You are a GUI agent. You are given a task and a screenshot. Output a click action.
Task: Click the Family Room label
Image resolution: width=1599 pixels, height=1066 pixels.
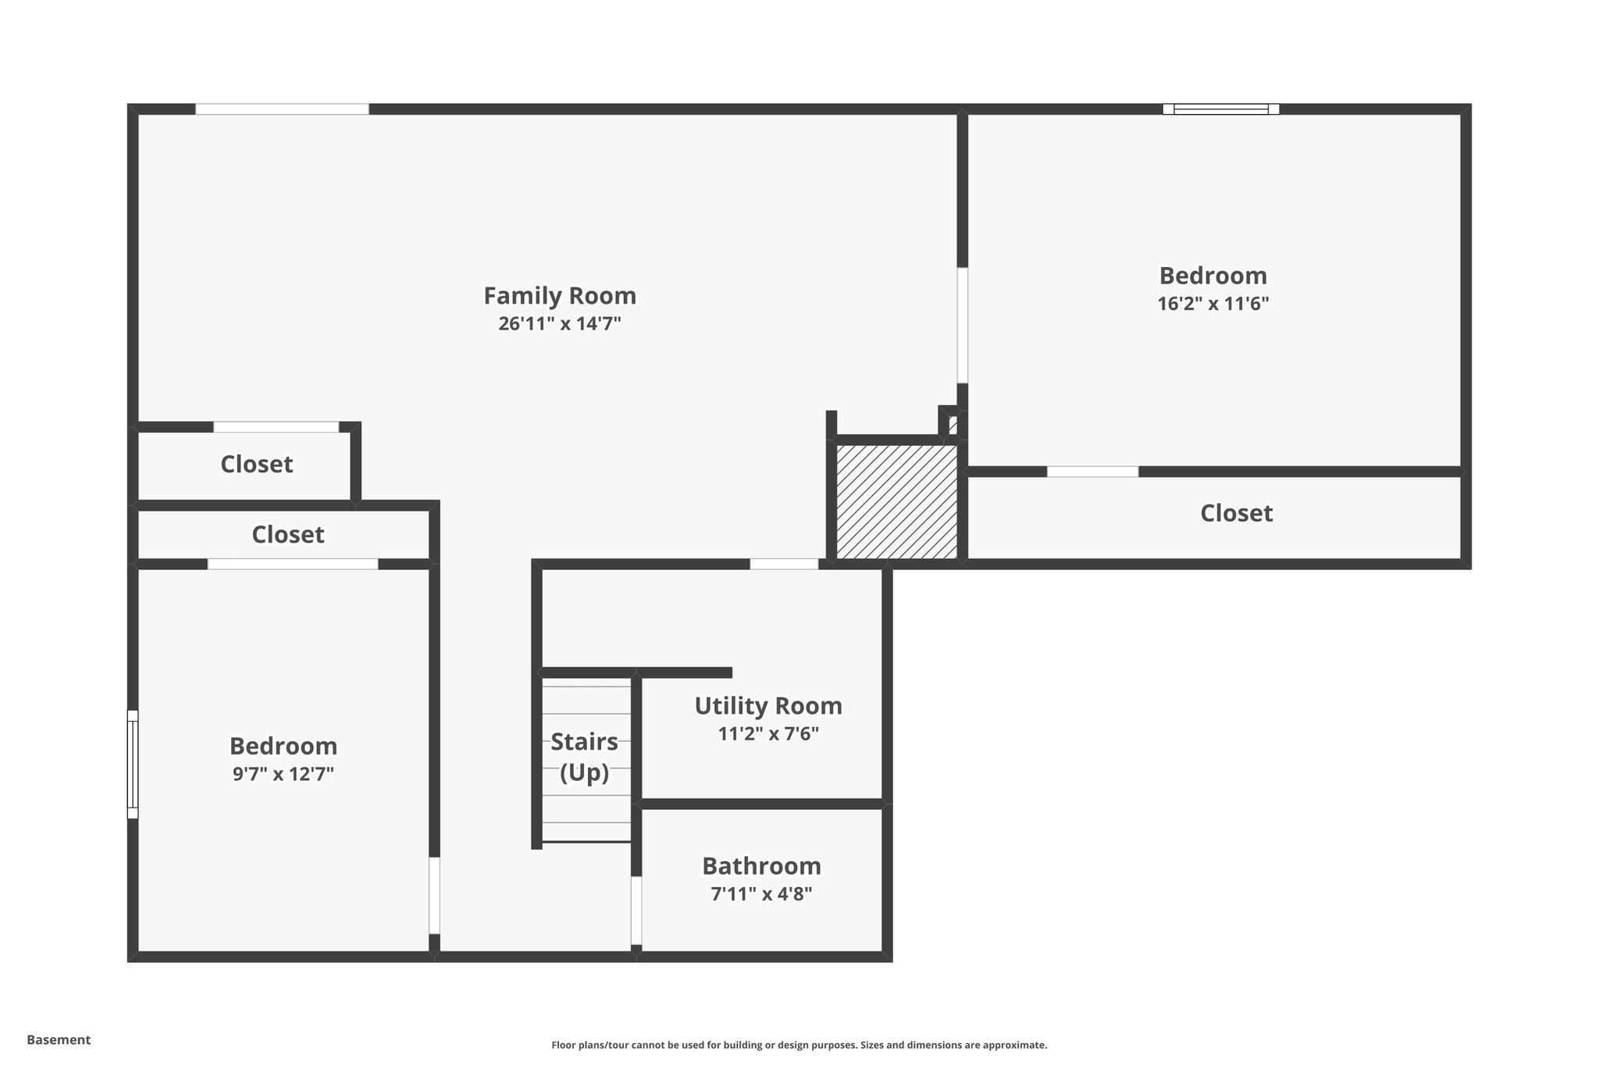(x=560, y=296)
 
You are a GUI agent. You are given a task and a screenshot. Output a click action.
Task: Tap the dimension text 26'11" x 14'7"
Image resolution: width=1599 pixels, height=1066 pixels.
(x=560, y=323)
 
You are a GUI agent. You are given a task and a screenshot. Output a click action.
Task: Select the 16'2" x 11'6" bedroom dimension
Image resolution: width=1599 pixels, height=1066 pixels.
(x=1213, y=304)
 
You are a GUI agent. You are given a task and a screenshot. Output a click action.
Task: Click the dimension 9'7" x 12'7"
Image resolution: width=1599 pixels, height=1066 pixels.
(x=283, y=774)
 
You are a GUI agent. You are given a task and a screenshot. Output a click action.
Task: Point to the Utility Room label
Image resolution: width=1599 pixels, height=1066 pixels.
(x=768, y=706)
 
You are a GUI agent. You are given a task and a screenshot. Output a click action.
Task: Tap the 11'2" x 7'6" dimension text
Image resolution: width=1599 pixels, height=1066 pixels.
(x=768, y=734)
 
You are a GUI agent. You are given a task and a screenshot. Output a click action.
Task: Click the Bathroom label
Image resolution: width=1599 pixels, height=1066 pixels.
(x=761, y=866)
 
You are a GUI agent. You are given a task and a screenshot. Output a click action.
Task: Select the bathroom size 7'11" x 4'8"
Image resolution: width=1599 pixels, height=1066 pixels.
(x=761, y=894)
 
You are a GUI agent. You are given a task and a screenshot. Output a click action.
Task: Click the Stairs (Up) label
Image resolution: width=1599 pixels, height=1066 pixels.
(x=584, y=756)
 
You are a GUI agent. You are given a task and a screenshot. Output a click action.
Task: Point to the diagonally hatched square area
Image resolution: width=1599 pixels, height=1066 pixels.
(x=896, y=502)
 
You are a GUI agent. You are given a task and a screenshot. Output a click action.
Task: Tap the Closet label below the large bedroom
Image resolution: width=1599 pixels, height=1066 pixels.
(x=1236, y=513)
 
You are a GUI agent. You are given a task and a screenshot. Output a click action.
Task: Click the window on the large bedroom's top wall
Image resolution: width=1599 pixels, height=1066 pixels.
(x=1220, y=109)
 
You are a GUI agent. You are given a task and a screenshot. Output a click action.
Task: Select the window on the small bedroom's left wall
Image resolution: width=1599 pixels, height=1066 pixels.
(x=133, y=764)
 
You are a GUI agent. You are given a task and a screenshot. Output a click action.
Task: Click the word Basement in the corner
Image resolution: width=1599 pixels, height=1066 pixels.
(x=59, y=1039)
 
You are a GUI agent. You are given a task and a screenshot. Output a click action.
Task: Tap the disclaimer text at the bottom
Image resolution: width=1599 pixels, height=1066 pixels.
(x=799, y=1045)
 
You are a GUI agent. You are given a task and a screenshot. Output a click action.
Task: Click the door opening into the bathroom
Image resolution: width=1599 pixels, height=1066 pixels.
(x=636, y=910)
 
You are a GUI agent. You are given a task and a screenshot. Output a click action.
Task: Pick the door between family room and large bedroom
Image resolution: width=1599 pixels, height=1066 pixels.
(x=962, y=325)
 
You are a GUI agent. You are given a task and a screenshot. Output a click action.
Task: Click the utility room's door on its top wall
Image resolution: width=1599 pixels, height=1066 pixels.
(x=784, y=564)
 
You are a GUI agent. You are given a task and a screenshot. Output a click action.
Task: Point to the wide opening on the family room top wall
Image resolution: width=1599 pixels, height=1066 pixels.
(x=282, y=109)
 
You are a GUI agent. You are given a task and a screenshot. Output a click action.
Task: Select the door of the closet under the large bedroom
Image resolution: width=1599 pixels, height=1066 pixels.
(x=1092, y=472)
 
